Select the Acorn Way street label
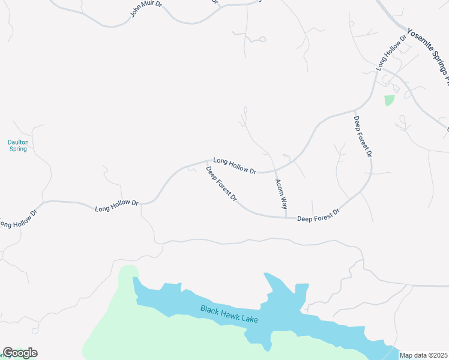[x=281, y=194]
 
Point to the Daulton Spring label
[x=18, y=145]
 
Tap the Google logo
[x=20, y=353]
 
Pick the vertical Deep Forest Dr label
[x=363, y=137]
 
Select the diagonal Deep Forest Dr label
[x=221, y=184]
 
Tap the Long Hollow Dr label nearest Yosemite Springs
[x=391, y=53]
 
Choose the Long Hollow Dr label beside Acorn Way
[x=235, y=166]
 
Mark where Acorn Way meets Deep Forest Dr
[x=286, y=217]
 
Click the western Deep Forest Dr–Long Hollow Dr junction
[x=208, y=161]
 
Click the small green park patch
[x=390, y=100]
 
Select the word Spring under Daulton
[x=18, y=149]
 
